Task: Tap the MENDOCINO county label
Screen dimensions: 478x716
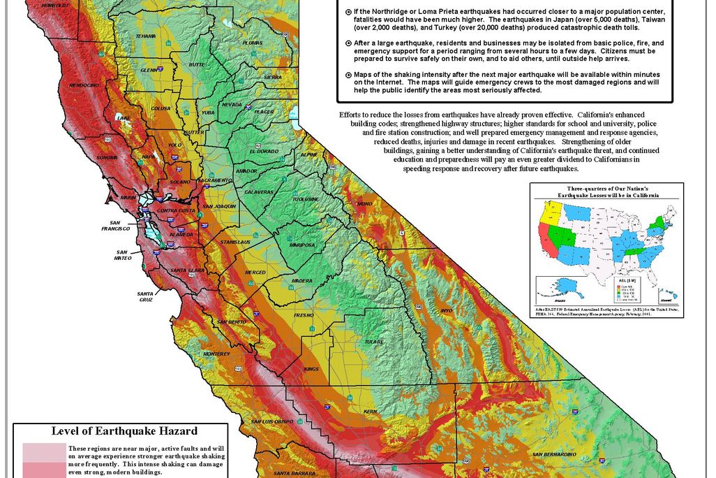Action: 84,85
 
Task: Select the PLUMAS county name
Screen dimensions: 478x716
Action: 252,43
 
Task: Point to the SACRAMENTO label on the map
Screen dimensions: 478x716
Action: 214,180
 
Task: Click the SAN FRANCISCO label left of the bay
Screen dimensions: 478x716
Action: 115,225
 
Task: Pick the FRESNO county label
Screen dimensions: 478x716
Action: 304,315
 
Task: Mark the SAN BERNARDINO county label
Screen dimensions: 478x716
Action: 555,455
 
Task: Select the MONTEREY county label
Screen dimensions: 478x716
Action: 216,354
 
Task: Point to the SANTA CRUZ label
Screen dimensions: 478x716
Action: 145,296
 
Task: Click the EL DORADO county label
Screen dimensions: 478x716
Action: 262,151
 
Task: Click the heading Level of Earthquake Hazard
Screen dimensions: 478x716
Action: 124,431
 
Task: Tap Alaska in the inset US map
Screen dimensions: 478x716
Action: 555,287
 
